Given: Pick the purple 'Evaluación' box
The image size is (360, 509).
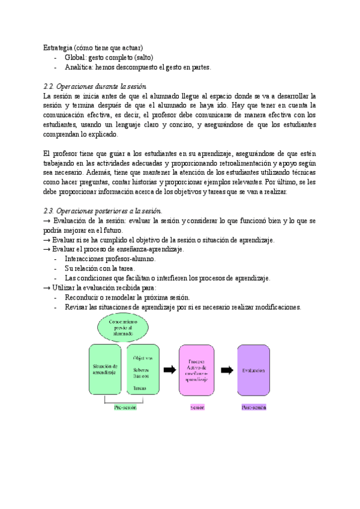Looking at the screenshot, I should click(x=254, y=370).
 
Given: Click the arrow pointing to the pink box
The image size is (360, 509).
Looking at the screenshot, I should click(x=170, y=370).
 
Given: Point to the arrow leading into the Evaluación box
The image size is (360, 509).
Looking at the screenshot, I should click(x=227, y=370).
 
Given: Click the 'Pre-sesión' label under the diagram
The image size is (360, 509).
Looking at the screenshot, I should click(x=125, y=407).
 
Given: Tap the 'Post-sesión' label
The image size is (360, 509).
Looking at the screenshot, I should click(x=254, y=407).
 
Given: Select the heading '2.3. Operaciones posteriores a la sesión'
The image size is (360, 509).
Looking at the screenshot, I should click(x=103, y=210).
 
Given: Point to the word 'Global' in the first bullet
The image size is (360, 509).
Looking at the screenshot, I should click(x=75, y=58).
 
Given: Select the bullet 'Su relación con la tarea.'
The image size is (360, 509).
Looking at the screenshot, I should click(x=100, y=268).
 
